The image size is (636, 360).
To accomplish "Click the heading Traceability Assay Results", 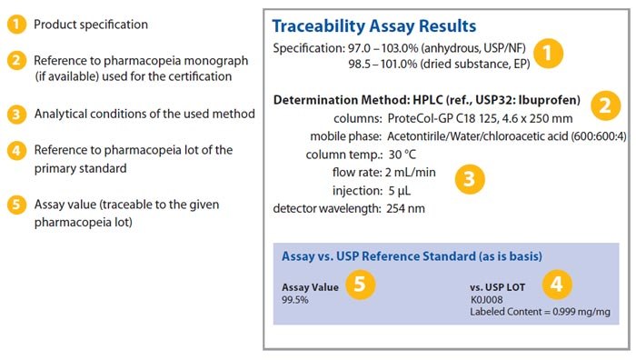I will click(387, 26).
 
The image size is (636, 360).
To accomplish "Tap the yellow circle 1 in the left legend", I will click(15, 25).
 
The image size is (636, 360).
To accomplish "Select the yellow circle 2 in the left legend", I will click(15, 62).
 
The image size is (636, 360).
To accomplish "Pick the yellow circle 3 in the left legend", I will click(15, 115).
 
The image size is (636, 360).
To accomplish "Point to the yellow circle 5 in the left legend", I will click(15, 204).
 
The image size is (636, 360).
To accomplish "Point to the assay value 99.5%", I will click(295, 299).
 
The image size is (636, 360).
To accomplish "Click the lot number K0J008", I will click(486, 299).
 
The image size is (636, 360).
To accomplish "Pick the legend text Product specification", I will click(91, 25).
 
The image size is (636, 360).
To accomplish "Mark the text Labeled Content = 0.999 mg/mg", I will click(540, 312).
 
